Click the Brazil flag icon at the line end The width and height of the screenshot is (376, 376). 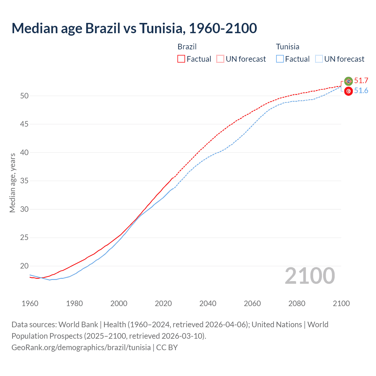(348, 81)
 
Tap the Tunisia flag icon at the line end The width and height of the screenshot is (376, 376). (348, 91)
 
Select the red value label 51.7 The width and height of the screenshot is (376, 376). (361, 81)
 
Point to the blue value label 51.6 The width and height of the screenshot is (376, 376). (361, 91)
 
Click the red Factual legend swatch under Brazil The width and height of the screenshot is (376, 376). (181, 59)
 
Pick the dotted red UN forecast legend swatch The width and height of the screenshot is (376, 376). (220, 59)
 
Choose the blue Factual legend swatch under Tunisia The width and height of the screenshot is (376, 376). (280, 59)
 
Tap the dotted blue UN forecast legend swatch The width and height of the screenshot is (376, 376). (319, 59)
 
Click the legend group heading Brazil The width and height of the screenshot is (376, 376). (187, 47)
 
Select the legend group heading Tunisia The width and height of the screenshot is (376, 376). (288, 47)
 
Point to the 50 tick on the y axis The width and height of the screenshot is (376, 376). (24, 96)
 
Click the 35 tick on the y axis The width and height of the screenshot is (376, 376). (24, 181)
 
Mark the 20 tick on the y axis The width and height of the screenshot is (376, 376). (24, 266)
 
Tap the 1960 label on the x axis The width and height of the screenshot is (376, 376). (30, 303)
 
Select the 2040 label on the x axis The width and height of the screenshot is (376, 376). (208, 303)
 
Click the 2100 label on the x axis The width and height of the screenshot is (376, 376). (341, 303)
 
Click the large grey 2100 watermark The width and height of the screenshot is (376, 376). (310, 276)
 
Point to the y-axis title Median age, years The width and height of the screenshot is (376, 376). (12, 183)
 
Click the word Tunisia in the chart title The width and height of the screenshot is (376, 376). (162, 28)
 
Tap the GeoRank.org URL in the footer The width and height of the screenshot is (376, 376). (81, 348)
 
